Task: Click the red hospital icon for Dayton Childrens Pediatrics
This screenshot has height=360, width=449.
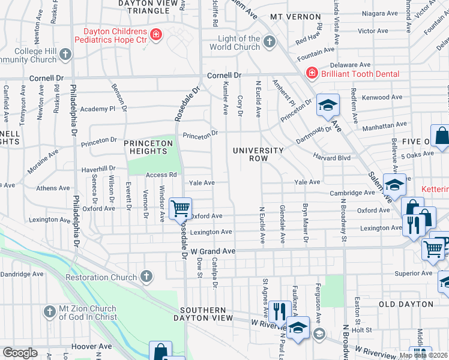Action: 156,35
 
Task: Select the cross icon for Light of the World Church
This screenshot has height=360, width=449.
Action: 270,41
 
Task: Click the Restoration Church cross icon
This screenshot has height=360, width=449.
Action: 145,277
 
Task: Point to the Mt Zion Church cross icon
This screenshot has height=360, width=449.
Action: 49,311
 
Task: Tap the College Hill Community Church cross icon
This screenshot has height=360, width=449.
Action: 65,55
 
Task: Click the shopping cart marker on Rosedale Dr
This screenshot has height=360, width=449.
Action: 180,209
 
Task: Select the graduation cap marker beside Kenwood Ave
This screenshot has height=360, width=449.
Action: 328,106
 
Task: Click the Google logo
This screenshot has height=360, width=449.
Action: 20,353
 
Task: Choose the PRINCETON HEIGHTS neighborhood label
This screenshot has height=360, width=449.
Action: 148,147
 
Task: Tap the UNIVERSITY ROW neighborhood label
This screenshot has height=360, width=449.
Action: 258,154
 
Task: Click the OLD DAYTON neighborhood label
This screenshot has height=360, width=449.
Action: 406,304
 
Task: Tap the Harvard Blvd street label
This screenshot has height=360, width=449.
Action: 331,158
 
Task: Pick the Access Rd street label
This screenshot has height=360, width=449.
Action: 161,175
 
